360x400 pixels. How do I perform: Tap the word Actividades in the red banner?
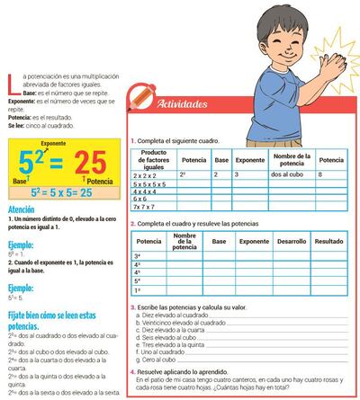(x=184, y=105)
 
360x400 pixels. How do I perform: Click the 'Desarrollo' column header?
(x=287, y=242)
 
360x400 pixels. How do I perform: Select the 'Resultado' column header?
(x=328, y=242)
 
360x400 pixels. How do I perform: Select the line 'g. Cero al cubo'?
(x=159, y=359)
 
